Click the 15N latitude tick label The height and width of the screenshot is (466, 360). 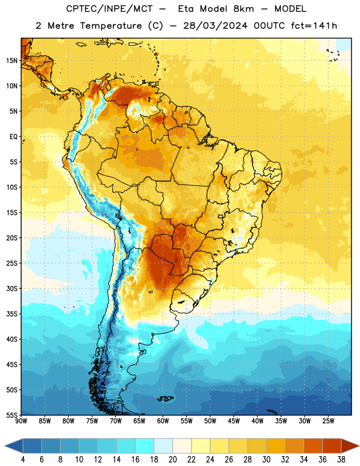pyautogui.click(x=12, y=61)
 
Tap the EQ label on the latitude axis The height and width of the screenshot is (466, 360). pyautogui.click(x=13, y=137)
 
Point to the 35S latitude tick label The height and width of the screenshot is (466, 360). pyautogui.click(x=12, y=314)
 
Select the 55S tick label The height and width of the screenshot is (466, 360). pyautogui.click(x=12, y=415)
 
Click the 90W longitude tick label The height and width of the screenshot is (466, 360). pyautogui.click(x=21, y=421)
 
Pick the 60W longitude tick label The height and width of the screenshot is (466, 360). pyautogui.click(x=163, y=421)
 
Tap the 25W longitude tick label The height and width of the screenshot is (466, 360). pyautogui.click(x=328, y=421)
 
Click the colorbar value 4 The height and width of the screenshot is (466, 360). pyautogui.click(x=23, y=460)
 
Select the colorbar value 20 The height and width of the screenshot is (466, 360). pyautogui.click(x=172, y=460)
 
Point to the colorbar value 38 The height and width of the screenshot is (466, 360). pyautogui.click(x=341, y=460)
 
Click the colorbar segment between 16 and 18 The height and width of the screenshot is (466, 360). pyautogui.click(x=144, y=446)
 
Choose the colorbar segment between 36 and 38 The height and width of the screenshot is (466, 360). pyautogui.click(x=332, y=446)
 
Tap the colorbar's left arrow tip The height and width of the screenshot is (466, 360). pyautogui.click(x=5, y=446)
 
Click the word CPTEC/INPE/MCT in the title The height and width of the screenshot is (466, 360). pyautogui.click(x=110, y=9)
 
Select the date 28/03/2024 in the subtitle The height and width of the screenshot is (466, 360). pyautogui.click(x=216, y=26)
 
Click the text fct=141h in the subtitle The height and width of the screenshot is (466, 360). pyautogui.click(x=314, y=26)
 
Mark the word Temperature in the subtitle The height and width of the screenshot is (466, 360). pyautogui.click(x=111, y=26)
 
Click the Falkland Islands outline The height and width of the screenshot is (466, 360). pyautogui.click(x=165, y=398)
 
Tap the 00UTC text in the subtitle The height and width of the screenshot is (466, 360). pyautogui.click(x=269, y=26)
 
